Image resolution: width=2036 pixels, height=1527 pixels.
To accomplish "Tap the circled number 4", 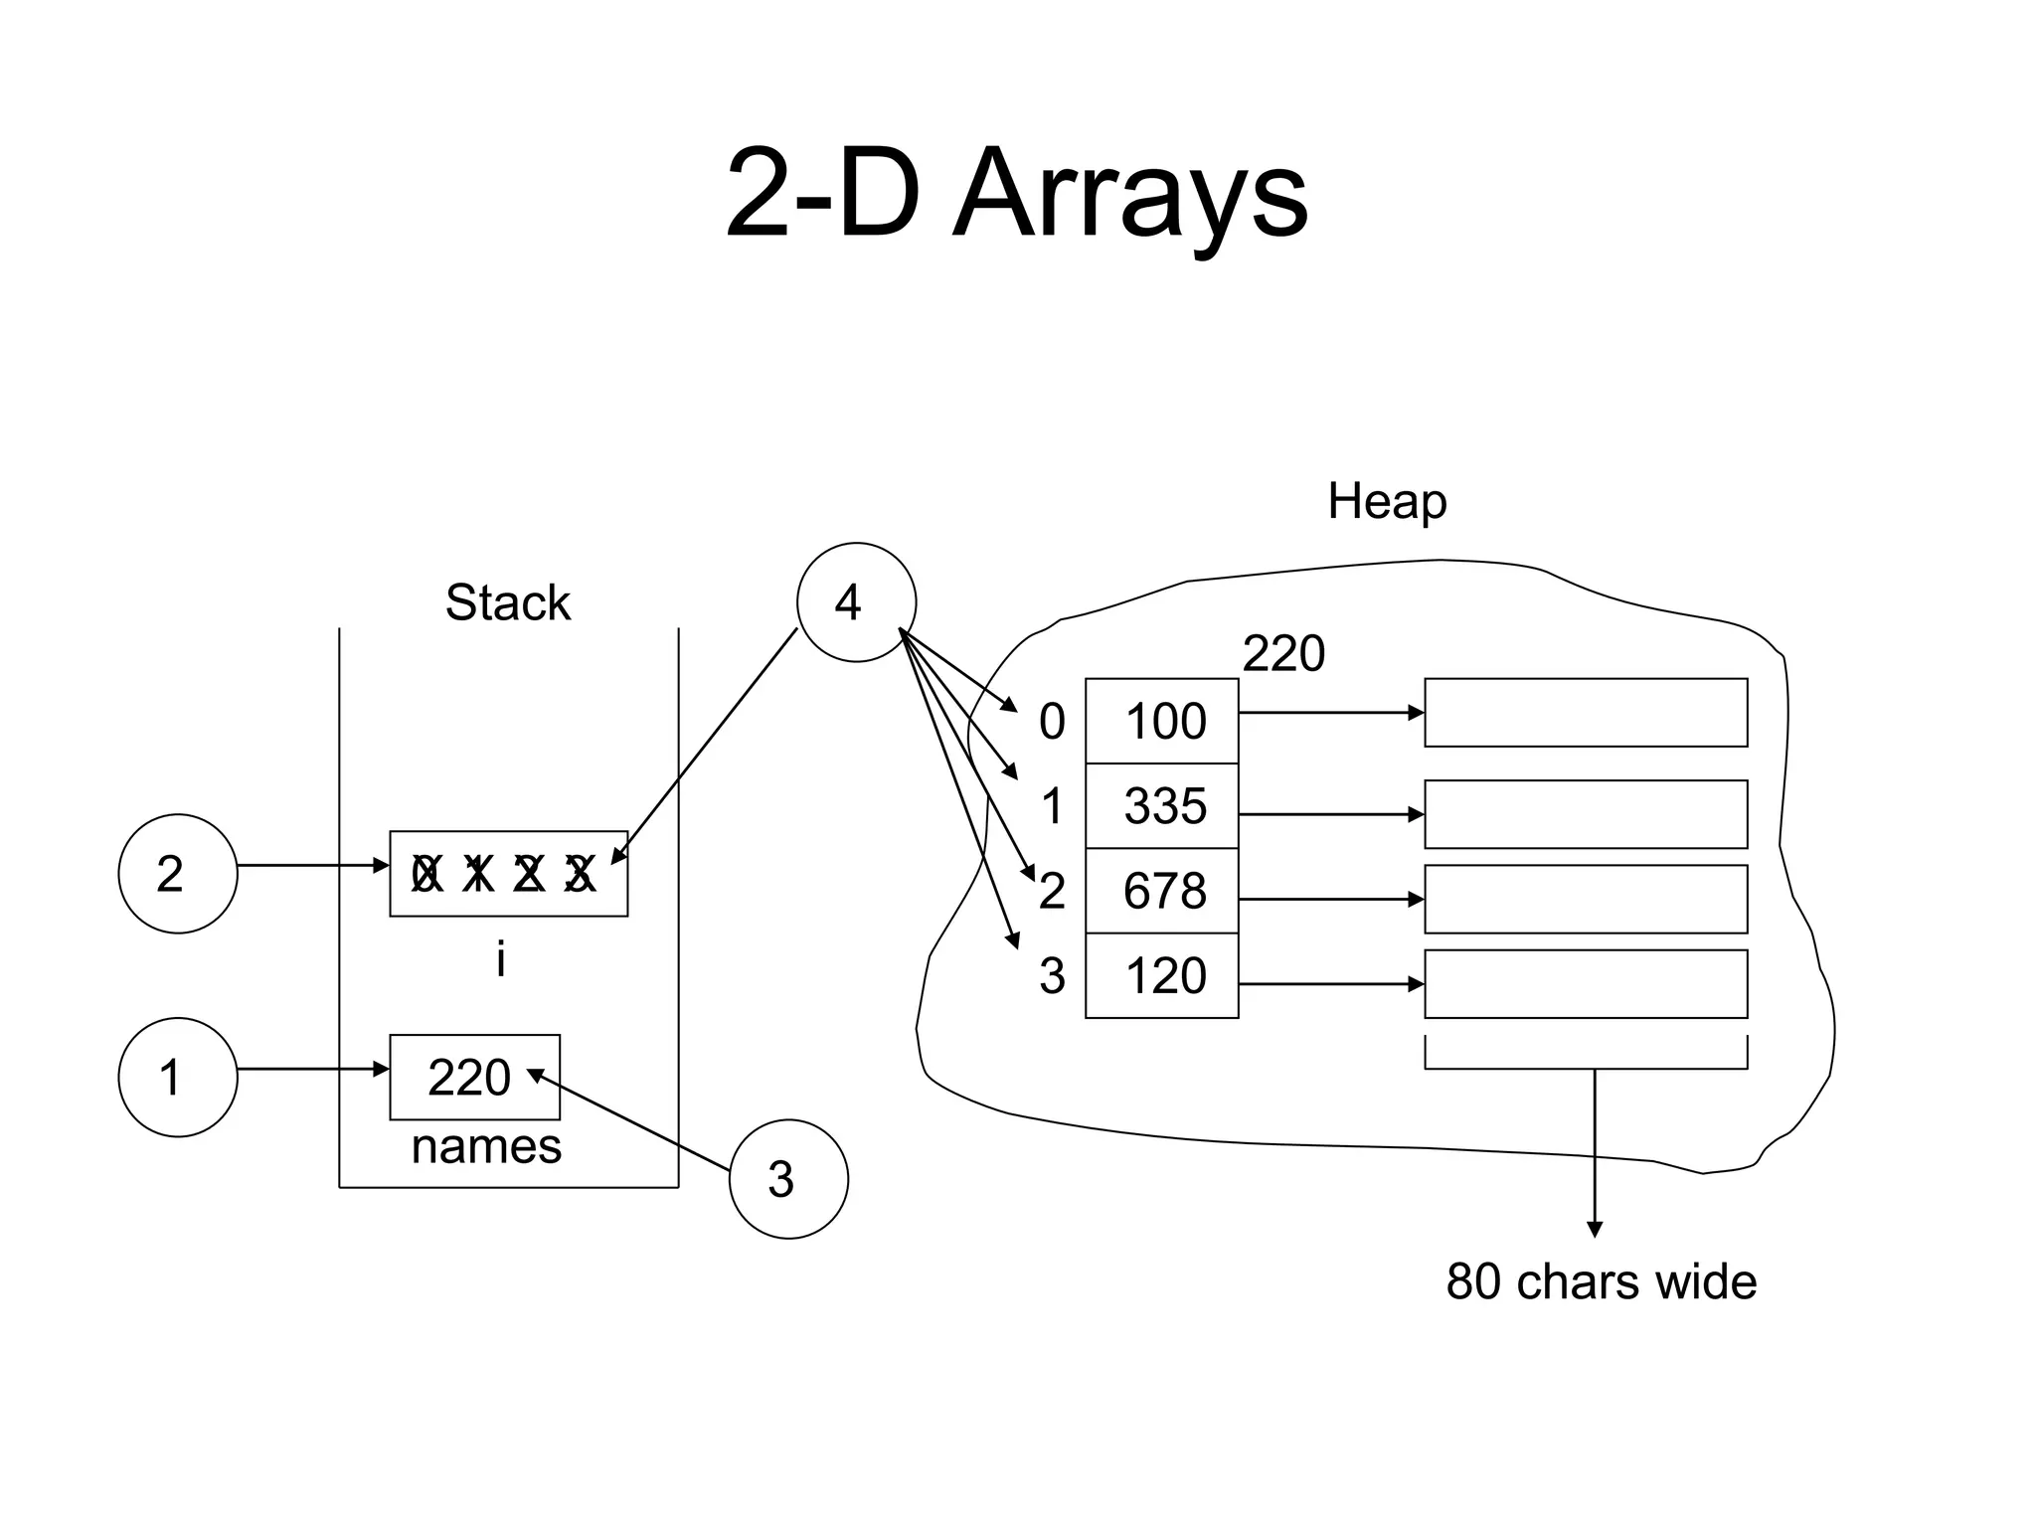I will [856, 602].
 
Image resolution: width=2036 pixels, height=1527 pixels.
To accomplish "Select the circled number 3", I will [788, 1179].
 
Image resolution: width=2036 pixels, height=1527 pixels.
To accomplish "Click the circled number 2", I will [178, 874].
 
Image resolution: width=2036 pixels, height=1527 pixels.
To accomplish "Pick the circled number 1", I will [178, 1077].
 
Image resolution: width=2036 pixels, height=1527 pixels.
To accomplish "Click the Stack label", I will [508, 602].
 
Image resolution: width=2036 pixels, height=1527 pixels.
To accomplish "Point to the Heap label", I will [1387, 501].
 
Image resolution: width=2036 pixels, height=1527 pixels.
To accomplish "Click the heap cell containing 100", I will [1162, 721].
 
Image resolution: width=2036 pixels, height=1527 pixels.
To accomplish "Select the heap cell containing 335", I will [1162, 806].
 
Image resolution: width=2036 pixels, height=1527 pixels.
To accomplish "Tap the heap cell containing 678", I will [1162, 891].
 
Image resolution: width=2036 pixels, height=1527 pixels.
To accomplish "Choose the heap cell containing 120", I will [1162, 975].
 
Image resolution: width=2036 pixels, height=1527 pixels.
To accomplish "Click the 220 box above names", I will [474, 1078].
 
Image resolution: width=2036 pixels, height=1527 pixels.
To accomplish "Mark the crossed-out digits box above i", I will [508, 874].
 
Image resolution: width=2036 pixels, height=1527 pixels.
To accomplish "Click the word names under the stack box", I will [486, 1146].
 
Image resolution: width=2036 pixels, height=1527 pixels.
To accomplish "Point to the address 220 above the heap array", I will [1283, 654].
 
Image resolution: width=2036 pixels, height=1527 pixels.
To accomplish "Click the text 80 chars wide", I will [1601, 1281].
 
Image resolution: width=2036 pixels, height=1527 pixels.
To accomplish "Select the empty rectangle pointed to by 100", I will [1586, 713].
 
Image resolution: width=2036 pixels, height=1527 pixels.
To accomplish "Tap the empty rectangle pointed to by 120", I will [1586, 984].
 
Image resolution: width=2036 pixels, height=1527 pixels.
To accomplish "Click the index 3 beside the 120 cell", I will [1052, 976].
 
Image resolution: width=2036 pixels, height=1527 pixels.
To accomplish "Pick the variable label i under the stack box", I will [501, 960].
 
